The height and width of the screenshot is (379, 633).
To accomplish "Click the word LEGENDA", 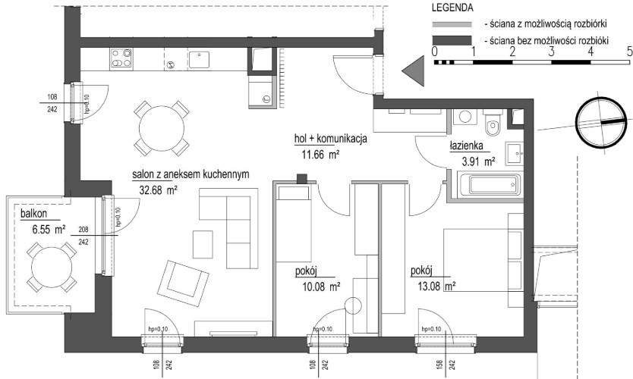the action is pyautogui.click(x=452, y=8).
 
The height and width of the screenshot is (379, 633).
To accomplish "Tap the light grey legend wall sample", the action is pyautogui.click(x=452, y=24).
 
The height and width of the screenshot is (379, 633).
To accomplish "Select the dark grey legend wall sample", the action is pyautogui.click(x=452, y=40).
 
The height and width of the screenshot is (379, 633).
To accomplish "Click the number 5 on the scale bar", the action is pyautogui.click(x=629, y=52).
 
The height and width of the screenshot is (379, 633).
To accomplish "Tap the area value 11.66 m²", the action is pyautogui.click(x=320, y=154).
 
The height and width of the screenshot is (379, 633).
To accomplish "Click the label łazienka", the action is pyautogui.click(x=466, y=146).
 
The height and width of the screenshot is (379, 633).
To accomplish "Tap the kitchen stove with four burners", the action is pyautogui.click(x=121, y=58).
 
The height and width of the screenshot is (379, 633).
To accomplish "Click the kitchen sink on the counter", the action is pyautogui.click(x=198, y=60).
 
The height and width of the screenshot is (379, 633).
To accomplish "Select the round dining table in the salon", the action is pyautogui.click(x=161, y=129).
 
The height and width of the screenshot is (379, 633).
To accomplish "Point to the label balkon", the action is pyautogui.click(x=34, y=214).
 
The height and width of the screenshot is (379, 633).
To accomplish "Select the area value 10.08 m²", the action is pyautogui.click(x=321, y=287).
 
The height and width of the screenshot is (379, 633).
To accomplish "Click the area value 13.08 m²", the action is pyautogui.click(x=436, y=287).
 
